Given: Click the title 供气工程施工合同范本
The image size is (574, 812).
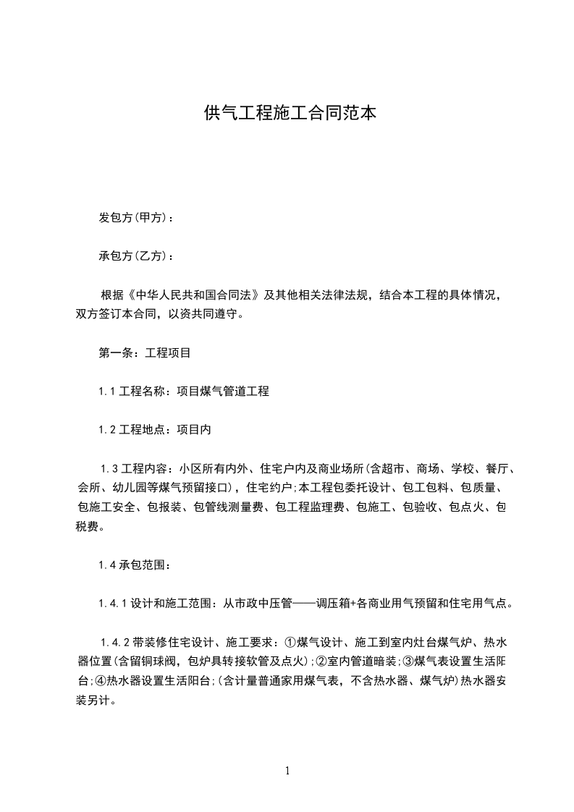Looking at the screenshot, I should [x=290, y=113].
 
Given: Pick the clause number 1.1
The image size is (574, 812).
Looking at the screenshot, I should [x=108, y=392].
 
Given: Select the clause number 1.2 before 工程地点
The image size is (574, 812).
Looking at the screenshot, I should [x=108, y=430].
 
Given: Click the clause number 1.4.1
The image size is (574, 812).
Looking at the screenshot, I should [x=114, y=603].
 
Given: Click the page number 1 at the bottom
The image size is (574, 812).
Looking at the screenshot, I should [x=287, y=771].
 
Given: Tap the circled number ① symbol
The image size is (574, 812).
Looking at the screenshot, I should [x=290, y=641].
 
